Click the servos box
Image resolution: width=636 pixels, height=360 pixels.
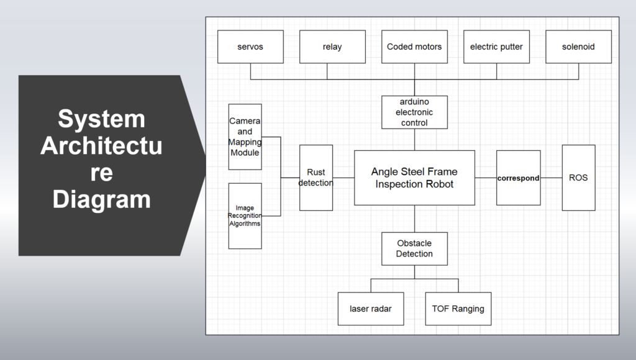coord(250,47)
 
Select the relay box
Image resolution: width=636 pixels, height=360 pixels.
coord(332,47)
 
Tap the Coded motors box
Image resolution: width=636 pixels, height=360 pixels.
coord(414,47)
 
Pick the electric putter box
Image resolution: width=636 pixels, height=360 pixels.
coord(496,47)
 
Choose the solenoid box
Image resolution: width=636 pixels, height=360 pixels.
coord(578,47)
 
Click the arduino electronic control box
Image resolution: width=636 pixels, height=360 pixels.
coord(414,112)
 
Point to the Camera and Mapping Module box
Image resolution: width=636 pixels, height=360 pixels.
coord(245,137)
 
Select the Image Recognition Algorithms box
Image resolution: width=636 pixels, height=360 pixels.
coord(245,215)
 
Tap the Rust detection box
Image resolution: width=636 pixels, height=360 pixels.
coord(316,178)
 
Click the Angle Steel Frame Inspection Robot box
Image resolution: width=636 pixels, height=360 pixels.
coord(414,178)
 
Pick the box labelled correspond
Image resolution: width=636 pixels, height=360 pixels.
coord(518,178)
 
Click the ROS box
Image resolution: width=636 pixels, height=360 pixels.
coord(578,178)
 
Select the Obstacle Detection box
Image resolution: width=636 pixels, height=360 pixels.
coord(414,248)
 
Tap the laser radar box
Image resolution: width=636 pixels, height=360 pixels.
coord(371,308)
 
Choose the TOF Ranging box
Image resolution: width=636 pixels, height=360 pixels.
coord(458,308)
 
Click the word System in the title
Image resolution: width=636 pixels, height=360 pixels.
coord(101,119)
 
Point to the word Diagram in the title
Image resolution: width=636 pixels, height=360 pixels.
coord(101,200)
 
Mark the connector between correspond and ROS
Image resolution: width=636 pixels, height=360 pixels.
coord(551,178)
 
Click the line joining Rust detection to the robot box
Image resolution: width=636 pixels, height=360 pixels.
coord(343,178)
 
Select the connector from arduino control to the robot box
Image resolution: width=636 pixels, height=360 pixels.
coord(414,139)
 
